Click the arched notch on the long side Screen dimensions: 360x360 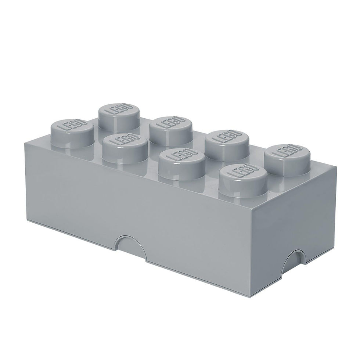tap(132, 245)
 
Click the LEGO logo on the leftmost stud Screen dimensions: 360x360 tap(72, 126)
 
